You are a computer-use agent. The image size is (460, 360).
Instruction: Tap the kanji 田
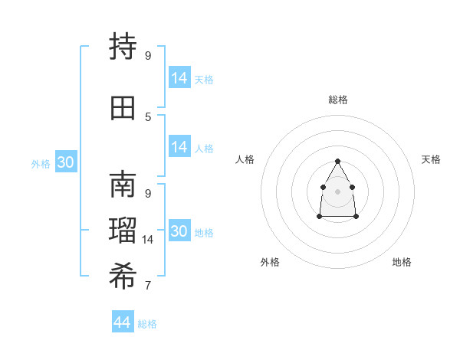[x=123, y=106]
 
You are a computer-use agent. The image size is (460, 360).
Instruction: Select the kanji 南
[x=123, y=185]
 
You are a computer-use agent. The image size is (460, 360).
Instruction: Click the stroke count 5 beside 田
[x=148, y=116]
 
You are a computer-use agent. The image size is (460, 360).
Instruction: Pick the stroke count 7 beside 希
[x=148, y=286]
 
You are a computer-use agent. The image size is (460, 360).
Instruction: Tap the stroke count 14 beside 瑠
[x=148, y=240]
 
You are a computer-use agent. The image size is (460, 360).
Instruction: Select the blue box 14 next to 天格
[x=179, y=78]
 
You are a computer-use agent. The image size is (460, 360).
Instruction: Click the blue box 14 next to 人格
[x=179, y=147]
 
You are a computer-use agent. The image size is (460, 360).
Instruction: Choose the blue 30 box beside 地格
[x=179, y=231]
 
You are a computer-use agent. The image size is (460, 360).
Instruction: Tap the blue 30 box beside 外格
[x=65, y=162]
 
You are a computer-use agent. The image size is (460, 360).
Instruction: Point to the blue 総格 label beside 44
[x=148, y=324]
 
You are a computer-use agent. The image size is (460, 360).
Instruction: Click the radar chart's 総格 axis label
[x=337, y=100]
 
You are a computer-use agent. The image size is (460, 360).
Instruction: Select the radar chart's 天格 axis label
[x=431, y=159]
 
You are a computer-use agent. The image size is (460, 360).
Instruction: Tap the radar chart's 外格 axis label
[x=270, y=262]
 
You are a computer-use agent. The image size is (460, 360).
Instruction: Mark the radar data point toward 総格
[x=337, y=161]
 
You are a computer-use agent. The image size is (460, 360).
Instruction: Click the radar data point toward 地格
[x=356, y=217]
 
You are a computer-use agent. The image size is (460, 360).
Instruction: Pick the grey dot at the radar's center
[x=337, y=190]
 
